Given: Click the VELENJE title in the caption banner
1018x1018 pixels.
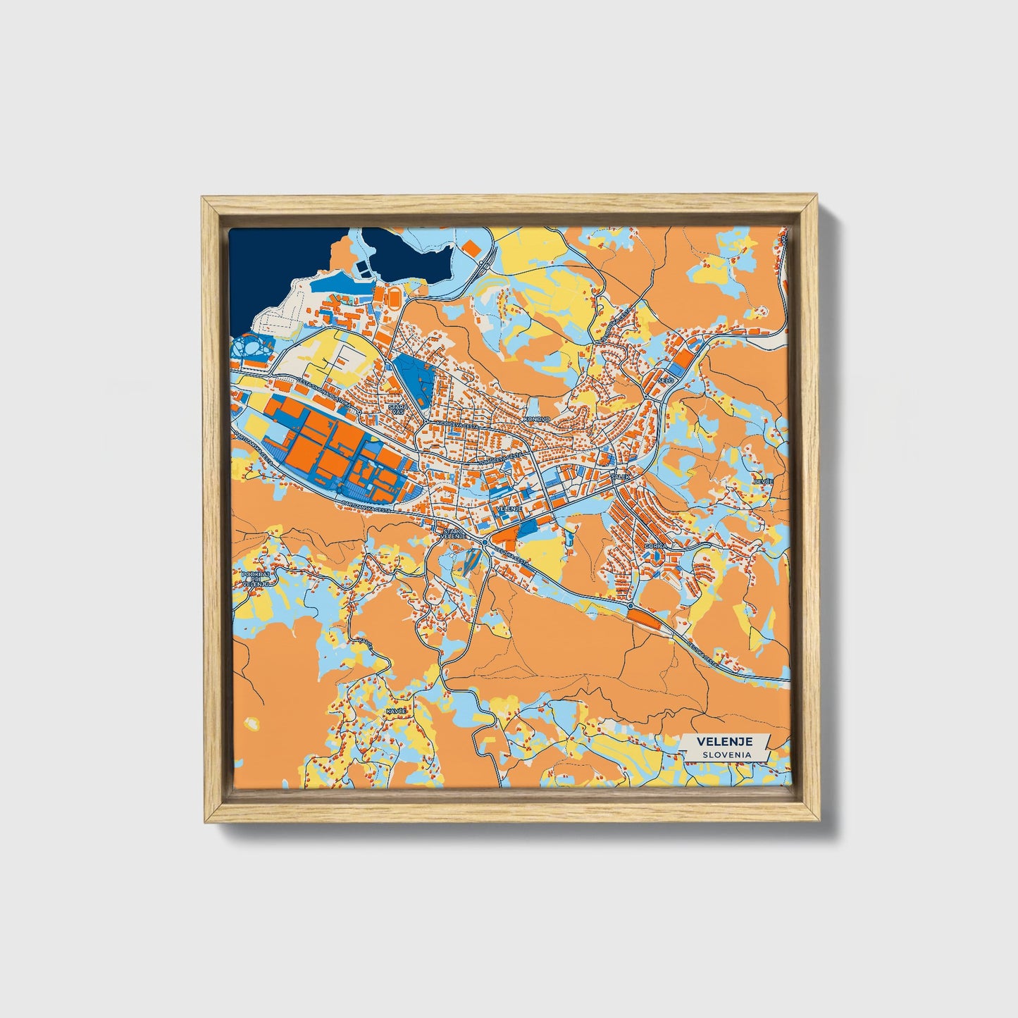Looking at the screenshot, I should (x=725, y=741).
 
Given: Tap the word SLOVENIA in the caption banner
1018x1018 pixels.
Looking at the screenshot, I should (x=725, y=755).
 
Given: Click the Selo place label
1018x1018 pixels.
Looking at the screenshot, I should (x=666, y=380).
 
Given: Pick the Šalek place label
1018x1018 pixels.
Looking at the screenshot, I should (x=620, y=477).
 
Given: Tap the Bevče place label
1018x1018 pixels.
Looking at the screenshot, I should (x=763, y=481).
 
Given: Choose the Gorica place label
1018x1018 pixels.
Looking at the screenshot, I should (x=654, y=546).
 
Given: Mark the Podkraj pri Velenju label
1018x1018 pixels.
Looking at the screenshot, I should (x=256, y=579).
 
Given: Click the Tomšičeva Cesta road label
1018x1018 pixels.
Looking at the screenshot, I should (x=502, y=458).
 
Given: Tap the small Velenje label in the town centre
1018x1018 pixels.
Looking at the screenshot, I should (x=508, y=508).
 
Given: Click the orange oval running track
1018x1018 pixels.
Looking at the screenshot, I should (x=395, y=297).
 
